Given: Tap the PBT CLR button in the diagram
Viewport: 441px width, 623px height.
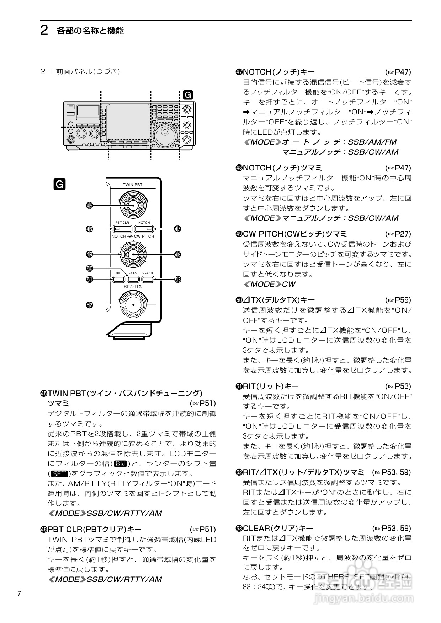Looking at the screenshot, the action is coord(123,229).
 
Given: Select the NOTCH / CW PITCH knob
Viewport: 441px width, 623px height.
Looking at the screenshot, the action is coord(133,254).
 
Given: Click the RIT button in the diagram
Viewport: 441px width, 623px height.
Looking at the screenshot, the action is coord(118,279).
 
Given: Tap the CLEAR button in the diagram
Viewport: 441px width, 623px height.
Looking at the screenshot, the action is coord(148,279).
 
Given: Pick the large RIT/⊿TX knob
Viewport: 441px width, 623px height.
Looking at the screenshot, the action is coord(133,305).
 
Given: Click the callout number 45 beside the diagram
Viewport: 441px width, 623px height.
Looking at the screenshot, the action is coord(90,206).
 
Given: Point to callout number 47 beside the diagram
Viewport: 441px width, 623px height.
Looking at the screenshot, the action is coord(177,229).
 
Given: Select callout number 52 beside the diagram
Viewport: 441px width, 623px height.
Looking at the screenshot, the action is coord(90,305).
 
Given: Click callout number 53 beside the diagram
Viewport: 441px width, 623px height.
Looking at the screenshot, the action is coord(177,280).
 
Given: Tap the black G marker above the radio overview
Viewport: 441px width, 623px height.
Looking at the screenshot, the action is coord(187,95).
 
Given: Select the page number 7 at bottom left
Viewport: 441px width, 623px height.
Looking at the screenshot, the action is coord(19,594).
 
